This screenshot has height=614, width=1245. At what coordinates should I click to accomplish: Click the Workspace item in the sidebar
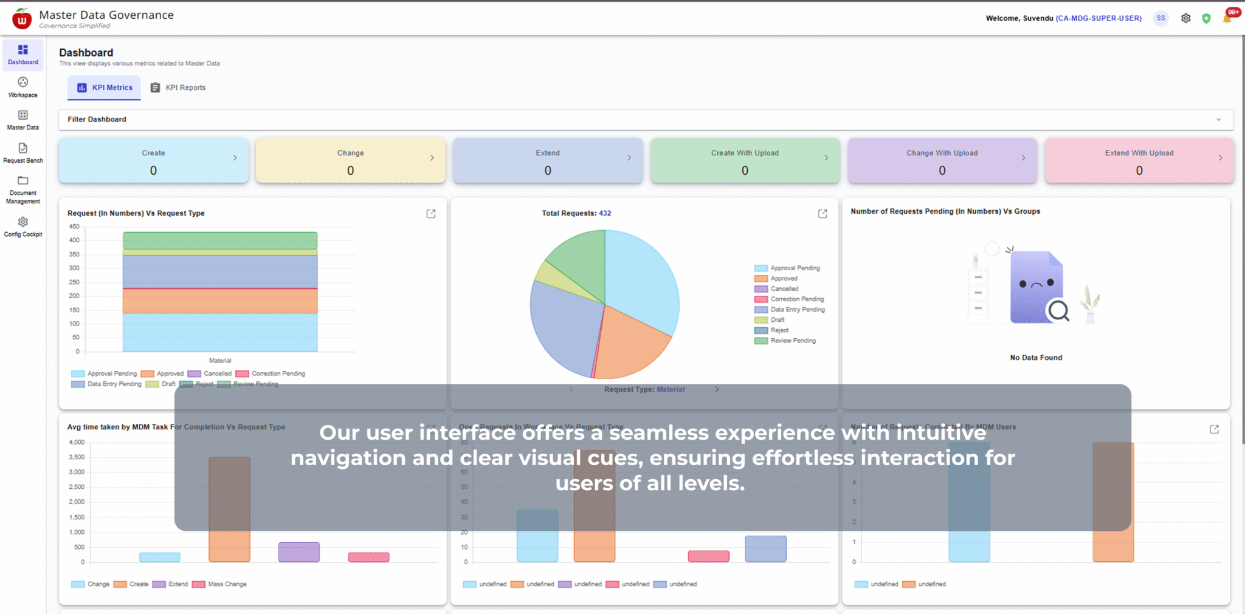[x=23, y=87]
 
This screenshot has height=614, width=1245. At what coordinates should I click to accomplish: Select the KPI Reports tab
[x=178, y=87]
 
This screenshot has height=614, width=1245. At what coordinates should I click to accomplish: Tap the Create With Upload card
[x=745, y=161]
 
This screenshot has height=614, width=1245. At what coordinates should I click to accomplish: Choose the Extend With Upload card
[x=1139, y=161]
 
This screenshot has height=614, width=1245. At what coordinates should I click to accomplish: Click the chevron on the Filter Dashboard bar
[x=1218, y=120]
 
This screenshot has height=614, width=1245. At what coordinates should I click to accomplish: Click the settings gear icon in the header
[x=1185, y=18]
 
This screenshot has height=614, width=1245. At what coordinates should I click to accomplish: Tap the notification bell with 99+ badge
[x=1227, y=18]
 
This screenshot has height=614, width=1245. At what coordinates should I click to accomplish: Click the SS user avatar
[x=1161, y=18]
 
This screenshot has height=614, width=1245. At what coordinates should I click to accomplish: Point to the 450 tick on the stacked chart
[x=74, y=227]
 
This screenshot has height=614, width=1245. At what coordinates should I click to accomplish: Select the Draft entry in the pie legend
[x=778, y=320]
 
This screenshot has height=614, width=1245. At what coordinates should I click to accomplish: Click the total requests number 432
[x=605, y=213]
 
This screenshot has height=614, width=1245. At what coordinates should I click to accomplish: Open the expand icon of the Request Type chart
[x=431, y=214]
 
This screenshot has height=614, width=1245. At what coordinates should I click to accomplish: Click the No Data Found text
[x=1036, y=358]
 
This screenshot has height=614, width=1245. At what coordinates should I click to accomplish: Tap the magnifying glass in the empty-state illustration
[x=1058, y=311]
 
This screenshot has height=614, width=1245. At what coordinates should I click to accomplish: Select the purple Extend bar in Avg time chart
[x=298, y=551]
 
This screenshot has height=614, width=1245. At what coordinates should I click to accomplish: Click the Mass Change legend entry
[x=227, y=584]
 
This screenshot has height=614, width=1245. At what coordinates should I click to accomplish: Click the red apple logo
[x=22, y=19]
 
